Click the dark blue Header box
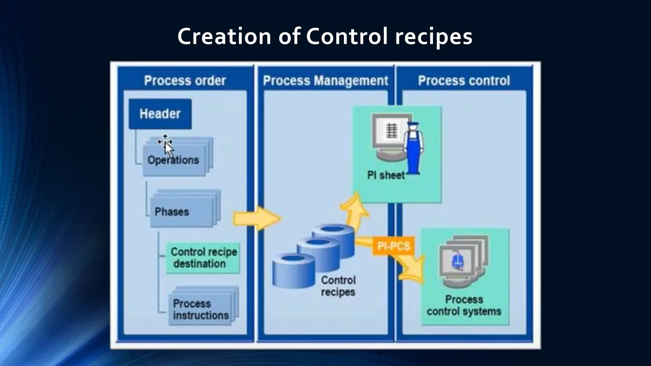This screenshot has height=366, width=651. click(x=160, y=114)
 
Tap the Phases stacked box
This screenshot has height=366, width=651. click(x=182, y=212)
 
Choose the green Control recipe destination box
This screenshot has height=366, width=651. click(x=203, y=258)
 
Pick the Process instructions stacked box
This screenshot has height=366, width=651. click(x=200, y=309)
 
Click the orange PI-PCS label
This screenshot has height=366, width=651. click(x=394, y=246)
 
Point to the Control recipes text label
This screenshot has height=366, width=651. click(x=338, y=286)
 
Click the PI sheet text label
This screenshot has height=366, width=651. click(x=386, y=175)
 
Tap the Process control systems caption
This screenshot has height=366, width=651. click(x=464, y=305)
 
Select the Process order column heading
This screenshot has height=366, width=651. click(x=185, y=81)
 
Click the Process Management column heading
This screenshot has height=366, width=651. click(x=325, y=81)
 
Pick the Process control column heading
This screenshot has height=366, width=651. click(x=464, y=81)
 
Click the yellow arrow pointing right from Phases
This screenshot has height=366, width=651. click(x=257, y=218)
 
